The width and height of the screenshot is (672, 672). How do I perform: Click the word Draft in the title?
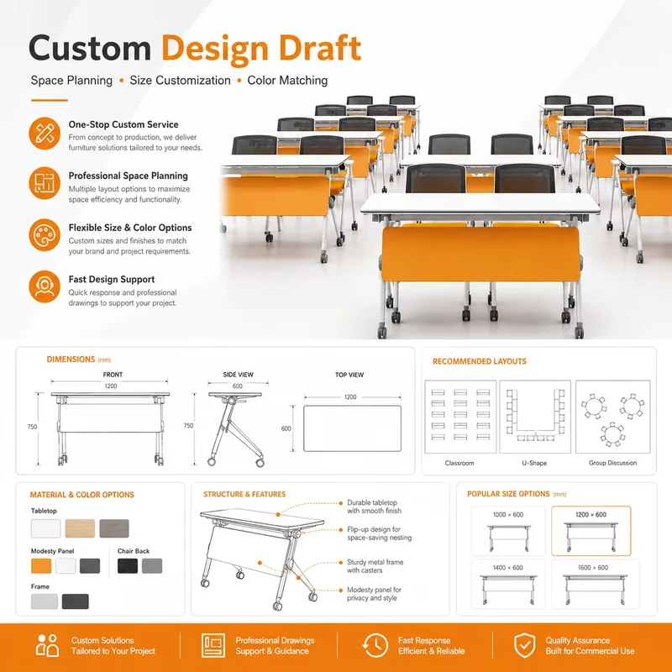tap(320, 48)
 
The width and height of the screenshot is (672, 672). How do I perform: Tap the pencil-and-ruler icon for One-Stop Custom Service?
tap(45, 134)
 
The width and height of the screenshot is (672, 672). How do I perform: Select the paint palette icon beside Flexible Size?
tap(45, 235)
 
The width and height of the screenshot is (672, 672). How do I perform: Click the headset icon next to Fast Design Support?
tap(45, 286)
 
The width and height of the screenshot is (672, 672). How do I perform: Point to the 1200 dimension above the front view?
tap(111, 386)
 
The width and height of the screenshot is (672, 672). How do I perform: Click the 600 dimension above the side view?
tap(238, 386)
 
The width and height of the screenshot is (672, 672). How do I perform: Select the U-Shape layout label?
tap(534, 463)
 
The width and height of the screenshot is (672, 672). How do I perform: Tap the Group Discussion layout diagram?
tap(612, 417)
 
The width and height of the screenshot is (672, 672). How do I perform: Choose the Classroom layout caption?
tap(459, 463)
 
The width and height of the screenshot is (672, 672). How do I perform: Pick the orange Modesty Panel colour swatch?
tap(41, 565)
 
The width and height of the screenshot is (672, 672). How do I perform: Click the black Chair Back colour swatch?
tap(128, 565)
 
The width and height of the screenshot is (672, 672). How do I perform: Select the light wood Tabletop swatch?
tap(80, 528)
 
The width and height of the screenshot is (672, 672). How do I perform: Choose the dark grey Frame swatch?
tap(75, 601)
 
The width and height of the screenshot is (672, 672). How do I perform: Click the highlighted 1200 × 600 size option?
tap(591, 531)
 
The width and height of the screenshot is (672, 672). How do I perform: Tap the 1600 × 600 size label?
tap(593, 568)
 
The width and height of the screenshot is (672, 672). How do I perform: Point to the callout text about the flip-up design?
tap(380, 533)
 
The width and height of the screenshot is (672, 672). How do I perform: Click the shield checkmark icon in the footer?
tap(524, 645)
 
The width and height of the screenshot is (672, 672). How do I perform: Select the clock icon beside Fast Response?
tap(375, 645)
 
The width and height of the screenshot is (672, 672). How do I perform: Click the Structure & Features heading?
tap(244, 494)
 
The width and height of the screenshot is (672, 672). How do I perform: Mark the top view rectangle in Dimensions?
tap(352, 428)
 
